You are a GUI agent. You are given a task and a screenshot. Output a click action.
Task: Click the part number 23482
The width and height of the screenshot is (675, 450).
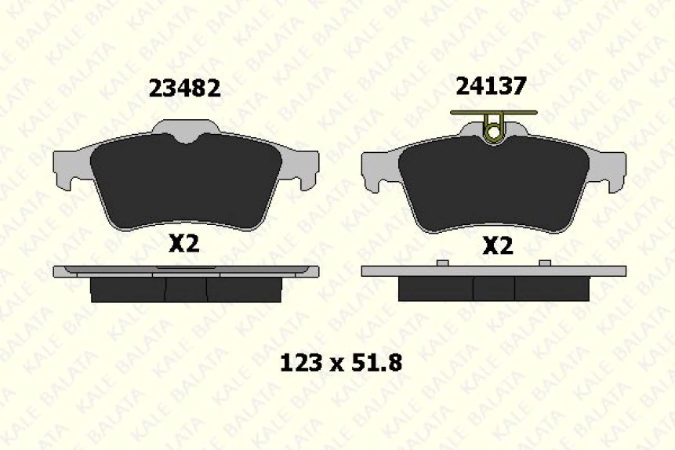coord(184,88)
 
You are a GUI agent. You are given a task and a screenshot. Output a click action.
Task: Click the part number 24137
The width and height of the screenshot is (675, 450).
coord(492,85)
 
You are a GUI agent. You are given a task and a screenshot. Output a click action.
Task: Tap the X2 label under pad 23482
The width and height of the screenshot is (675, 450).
coord(184,244)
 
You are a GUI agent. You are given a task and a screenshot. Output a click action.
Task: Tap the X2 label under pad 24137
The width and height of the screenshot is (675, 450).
coord(497,246)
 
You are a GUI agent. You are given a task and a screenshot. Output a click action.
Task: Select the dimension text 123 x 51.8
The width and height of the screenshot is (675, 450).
coord(341,362)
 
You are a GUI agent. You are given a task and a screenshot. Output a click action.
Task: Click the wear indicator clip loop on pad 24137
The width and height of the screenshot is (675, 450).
coord(493,134)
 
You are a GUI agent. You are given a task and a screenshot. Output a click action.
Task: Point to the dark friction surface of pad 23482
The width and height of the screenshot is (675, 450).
coord(185,184)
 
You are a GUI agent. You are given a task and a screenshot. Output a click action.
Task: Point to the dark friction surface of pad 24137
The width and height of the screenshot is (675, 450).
coord(493,187)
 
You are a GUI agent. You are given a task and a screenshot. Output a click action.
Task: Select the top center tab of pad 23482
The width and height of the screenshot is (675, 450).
coord(185,128)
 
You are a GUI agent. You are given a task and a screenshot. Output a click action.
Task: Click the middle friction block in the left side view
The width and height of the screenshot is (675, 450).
coord(186,289)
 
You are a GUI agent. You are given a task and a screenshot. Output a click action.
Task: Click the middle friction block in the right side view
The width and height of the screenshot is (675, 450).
coord(494,289)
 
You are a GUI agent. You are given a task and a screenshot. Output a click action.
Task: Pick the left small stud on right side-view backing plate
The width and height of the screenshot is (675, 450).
coord(442,263)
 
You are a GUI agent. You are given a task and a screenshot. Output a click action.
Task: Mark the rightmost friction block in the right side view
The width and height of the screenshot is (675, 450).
coord(552,289)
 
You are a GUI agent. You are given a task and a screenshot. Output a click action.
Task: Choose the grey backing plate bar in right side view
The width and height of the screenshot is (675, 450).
coord(494,271)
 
